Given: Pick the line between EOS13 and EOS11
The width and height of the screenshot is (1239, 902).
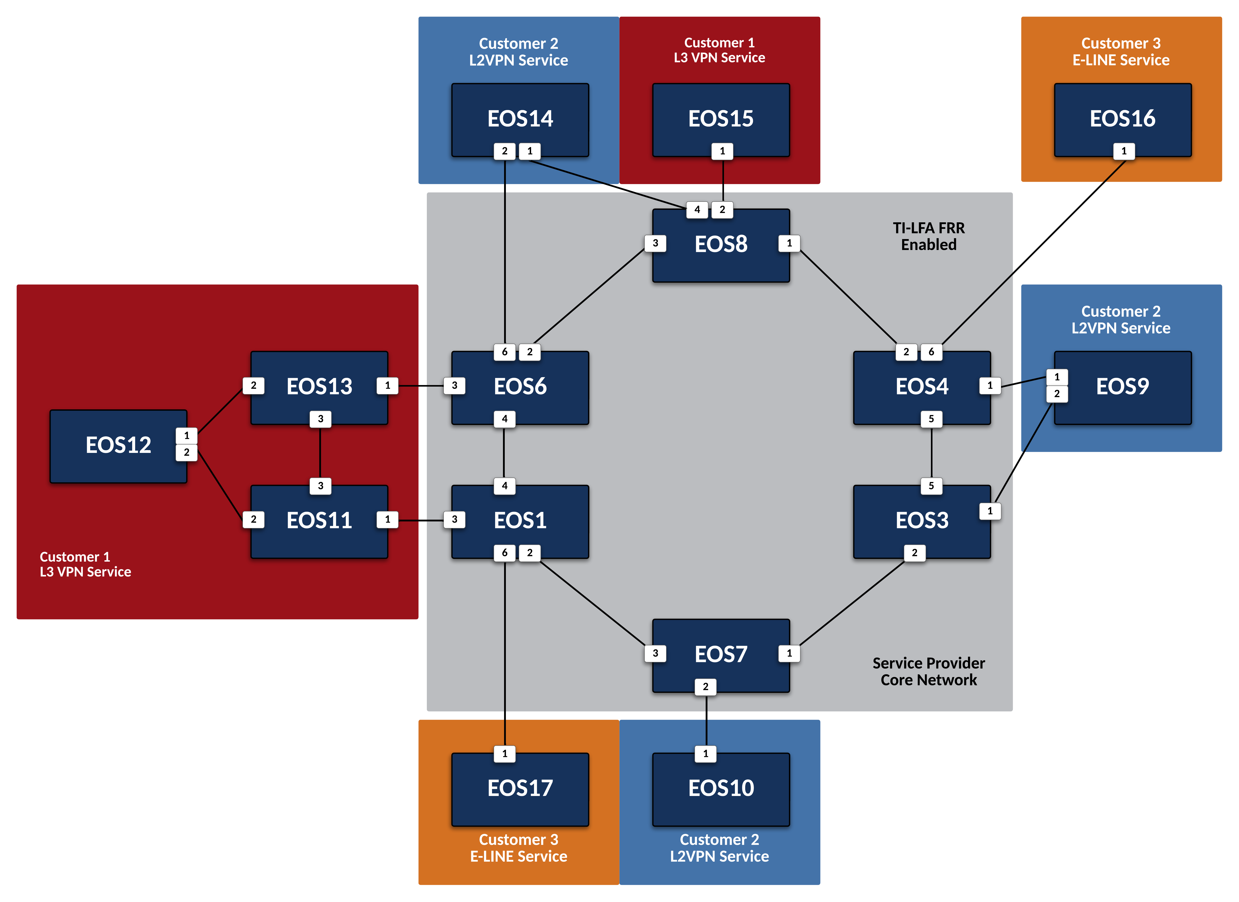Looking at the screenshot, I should point(320,452).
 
